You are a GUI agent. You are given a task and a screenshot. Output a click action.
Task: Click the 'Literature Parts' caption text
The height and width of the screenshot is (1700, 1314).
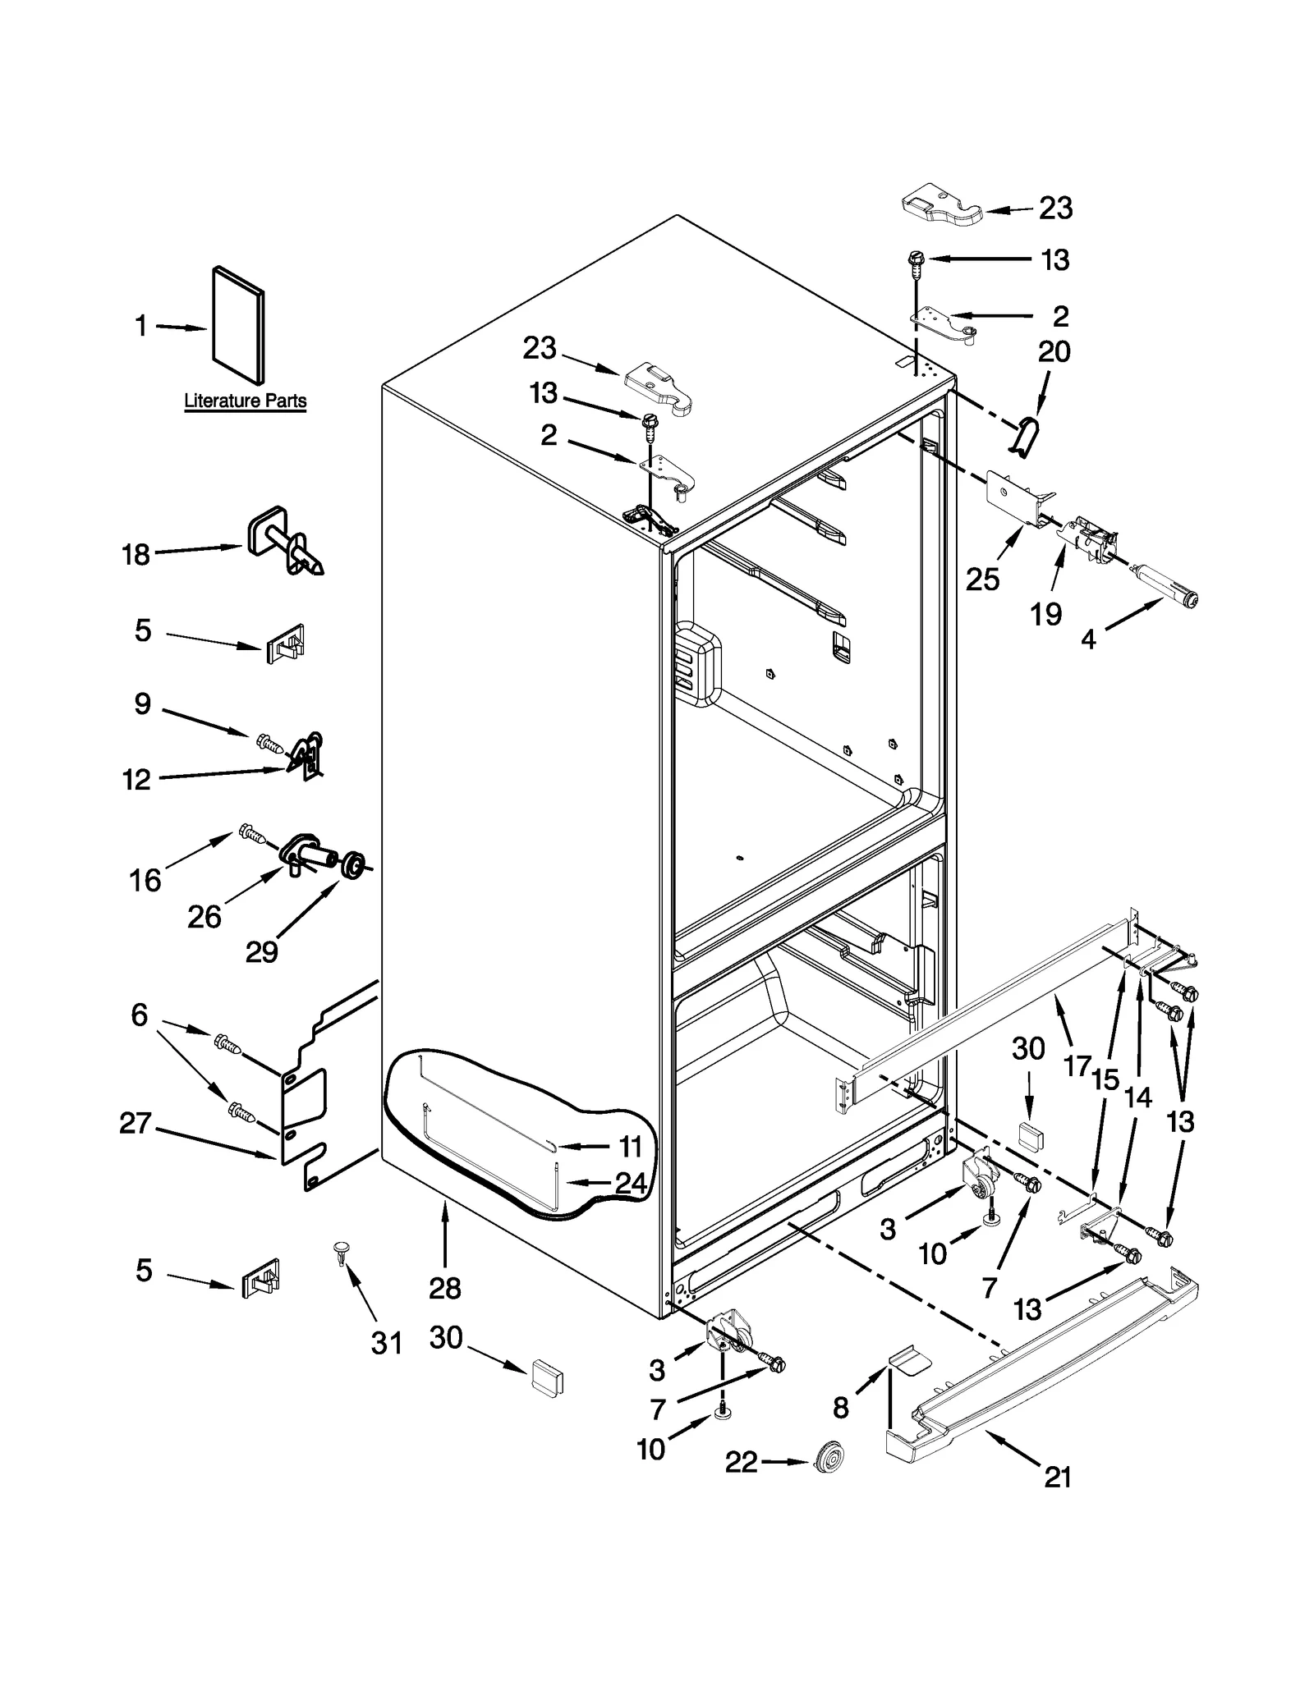245,401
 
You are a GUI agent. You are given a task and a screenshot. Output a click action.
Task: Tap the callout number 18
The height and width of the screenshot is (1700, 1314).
136,555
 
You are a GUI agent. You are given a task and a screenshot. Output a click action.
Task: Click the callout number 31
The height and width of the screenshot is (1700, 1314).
387,1343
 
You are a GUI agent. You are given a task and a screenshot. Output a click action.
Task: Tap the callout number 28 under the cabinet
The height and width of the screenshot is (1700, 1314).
444,1288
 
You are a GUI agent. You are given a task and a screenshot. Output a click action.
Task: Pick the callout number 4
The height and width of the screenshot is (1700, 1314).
1088,639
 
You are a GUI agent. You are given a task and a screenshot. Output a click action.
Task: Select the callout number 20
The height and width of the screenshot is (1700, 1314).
1054,351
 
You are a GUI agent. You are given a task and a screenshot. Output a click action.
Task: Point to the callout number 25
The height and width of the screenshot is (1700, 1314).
982,580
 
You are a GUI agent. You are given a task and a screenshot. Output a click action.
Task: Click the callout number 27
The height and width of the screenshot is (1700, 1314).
136,1123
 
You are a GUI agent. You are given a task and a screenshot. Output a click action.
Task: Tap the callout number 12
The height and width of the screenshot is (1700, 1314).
136,779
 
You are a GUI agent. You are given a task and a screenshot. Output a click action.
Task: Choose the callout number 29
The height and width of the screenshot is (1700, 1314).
261,951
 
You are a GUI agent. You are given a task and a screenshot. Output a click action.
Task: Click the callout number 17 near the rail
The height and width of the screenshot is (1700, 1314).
1077,1066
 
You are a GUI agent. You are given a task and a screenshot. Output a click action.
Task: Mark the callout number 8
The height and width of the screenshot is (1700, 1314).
840,1408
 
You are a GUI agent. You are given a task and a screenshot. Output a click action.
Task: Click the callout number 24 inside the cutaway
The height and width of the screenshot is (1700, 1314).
631,1183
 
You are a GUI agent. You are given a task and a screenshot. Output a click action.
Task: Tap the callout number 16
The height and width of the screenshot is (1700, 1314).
145,880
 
